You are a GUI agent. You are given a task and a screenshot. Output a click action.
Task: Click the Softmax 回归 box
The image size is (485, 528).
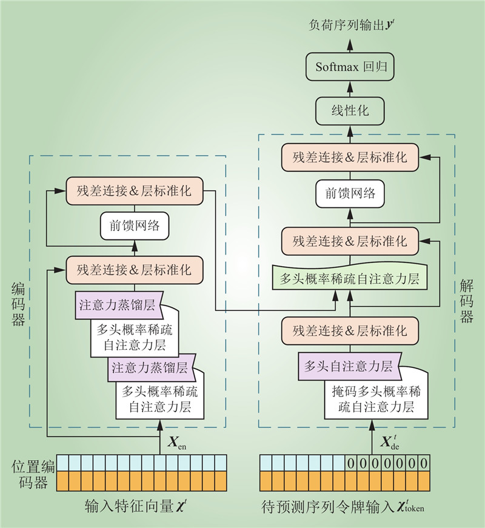(x=350, y=66)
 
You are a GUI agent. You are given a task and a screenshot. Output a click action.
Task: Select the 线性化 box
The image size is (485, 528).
(x=350, y=111)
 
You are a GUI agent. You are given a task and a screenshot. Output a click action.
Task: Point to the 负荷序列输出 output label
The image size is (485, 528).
(x=350, y=25)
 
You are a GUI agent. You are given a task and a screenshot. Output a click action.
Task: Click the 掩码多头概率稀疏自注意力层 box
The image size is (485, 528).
(x=376, y=398)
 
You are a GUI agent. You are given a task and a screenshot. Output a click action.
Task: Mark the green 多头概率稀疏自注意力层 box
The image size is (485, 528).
(x=350, y=279)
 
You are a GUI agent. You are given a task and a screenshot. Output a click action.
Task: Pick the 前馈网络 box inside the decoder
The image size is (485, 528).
(x=350, y=193)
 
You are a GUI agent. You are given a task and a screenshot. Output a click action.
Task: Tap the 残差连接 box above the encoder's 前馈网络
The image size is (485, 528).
(x=134, y=191)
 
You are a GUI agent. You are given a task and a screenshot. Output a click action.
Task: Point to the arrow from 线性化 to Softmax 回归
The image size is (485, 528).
(x=350, y=89)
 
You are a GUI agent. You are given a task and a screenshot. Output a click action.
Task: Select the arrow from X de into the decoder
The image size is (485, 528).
(x=372, y=432)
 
